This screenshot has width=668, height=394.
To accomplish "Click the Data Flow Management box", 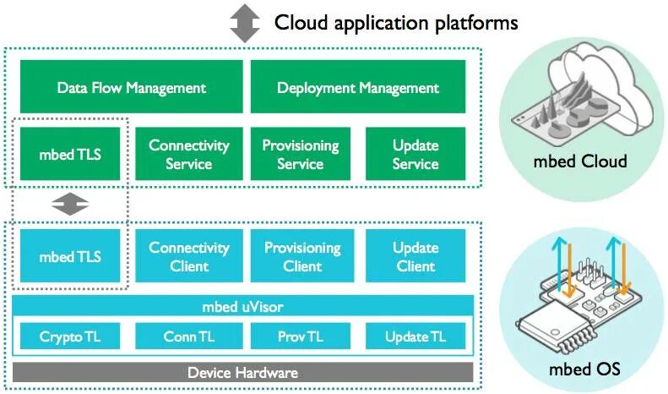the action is (x=132, y=86).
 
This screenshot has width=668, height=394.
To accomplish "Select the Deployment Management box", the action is (x=358, y=86).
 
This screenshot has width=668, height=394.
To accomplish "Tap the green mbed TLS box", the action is (x=70, y=154).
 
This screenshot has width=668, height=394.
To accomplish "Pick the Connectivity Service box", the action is (x=189, y=154).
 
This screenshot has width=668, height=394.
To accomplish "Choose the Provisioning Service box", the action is (x=301, y=154).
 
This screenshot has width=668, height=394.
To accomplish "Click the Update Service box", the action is (x=415, y=154).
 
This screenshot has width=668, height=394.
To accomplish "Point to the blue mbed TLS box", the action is (x=70, y=256).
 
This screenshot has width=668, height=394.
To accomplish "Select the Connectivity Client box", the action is (x=189, y=256).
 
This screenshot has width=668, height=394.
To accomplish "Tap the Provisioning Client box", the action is (x=302, y=256).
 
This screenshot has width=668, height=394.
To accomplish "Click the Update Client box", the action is (x=415, y=256).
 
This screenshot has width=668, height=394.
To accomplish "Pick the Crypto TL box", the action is (x=70, y=336).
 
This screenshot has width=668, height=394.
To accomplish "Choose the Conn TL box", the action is (x=189, y=336).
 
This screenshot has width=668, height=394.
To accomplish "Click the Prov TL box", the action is (x=301, y=336).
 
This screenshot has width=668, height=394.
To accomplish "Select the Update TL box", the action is (x=415, y=336).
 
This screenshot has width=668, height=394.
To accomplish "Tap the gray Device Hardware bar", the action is (x=243, y=372).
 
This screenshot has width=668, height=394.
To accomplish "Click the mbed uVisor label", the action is (x=243, y=307).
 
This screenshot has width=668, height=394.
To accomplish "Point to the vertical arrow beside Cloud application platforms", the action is (x=245, y=23).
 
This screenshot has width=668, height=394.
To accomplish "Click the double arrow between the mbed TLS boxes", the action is (x=70, y=205).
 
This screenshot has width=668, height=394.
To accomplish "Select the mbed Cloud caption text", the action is (x=580, y=161).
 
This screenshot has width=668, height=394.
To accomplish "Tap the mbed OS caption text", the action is (x=584, y=369).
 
